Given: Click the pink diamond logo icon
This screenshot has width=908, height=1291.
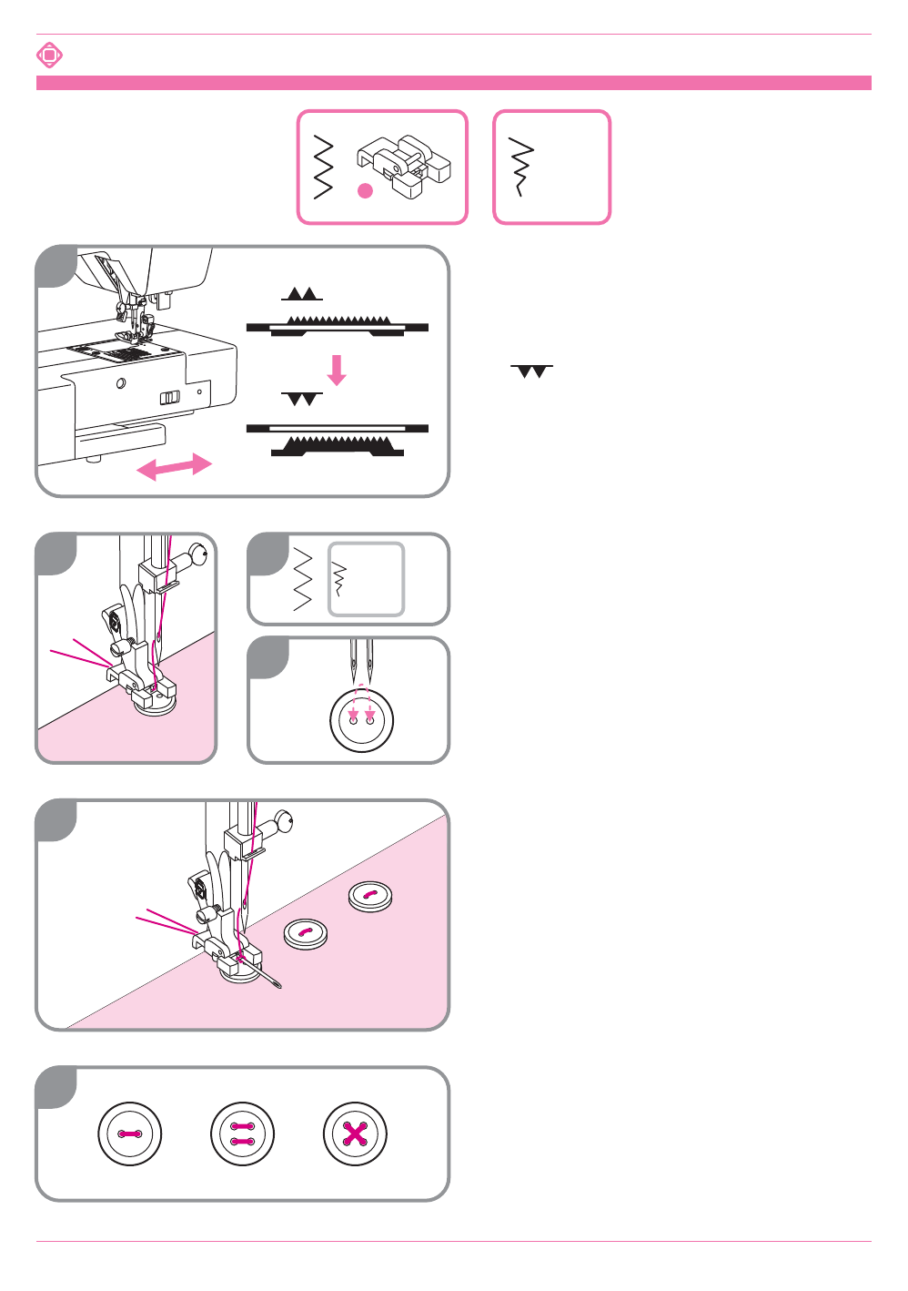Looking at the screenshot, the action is [x=49, y=56].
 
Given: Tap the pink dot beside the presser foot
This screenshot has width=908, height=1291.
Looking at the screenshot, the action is [x=366, y=191].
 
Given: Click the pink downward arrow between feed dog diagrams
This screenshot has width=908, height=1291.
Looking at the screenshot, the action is [x=338, y=370].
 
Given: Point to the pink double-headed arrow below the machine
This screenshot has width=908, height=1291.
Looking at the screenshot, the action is [x=174, y=467].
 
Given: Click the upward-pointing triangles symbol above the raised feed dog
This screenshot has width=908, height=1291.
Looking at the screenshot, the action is [x=302, y=294].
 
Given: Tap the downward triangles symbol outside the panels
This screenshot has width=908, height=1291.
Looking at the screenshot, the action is [x=532, y=371].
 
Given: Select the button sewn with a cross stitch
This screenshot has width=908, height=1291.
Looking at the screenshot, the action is [x=355, y=1133].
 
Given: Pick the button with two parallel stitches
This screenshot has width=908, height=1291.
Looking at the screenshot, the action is [x=242, y=1133].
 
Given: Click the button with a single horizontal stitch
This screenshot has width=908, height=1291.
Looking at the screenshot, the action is [x=130, y=1133].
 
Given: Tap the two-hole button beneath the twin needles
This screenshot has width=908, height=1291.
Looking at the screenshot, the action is [x=362, y=720].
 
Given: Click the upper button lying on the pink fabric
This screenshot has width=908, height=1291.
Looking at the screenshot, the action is [x=370, y=896].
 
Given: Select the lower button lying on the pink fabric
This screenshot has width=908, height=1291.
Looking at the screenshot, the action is [x=307, y=933].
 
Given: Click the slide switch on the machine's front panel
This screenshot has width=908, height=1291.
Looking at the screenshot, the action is [x=169, y=398].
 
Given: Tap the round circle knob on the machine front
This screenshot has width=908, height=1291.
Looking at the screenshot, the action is [x=121, y=383].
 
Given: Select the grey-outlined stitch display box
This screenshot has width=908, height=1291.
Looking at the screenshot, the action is [x=366, y=579].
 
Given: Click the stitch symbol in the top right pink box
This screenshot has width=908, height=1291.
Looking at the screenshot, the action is [x=521, y=167].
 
